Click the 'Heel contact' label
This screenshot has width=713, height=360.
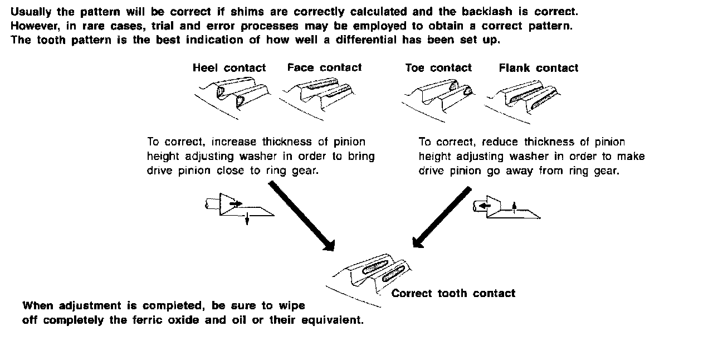pos(229,68)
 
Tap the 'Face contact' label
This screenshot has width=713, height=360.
pos(324,67)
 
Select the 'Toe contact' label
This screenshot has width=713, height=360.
pos(438,68)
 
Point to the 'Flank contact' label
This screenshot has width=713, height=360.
pos(538,68)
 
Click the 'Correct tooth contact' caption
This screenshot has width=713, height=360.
pos(453,293)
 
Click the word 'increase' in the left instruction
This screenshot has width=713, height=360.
pos(230,142)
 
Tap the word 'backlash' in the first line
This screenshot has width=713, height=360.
pos(488,11)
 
